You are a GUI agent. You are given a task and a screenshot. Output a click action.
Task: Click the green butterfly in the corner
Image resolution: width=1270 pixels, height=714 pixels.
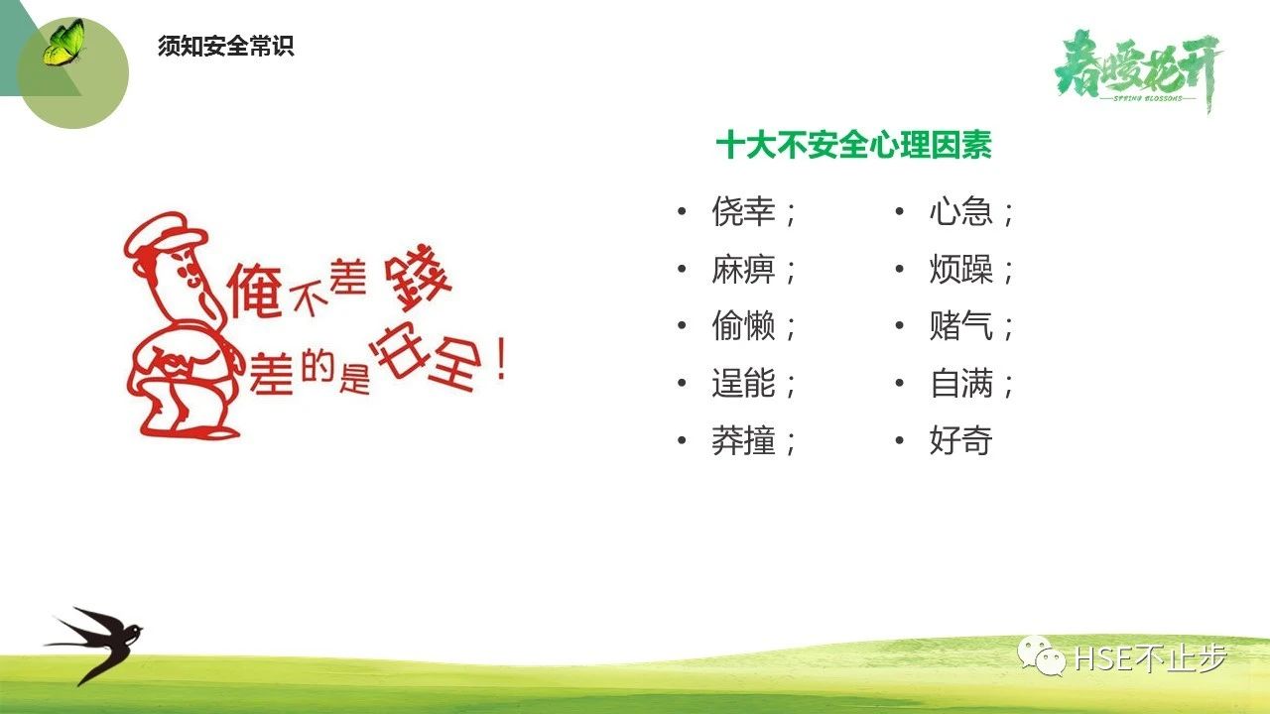tap(63, 43)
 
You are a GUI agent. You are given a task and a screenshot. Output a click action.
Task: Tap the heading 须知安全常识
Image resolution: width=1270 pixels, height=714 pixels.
tap(225, 46)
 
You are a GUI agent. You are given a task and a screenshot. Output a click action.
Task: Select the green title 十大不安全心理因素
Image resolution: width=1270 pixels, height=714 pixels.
tap(853, 145)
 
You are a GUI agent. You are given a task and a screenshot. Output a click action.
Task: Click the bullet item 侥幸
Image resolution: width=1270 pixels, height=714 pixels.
tap(743, 211)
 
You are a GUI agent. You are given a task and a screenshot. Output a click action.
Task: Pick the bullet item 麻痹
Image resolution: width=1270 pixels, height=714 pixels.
tap(743, 269)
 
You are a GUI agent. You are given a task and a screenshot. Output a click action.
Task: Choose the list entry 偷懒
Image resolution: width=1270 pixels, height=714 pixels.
tap(743, 326)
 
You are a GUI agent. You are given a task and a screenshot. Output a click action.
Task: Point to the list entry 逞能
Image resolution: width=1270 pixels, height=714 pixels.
tap(743, 383)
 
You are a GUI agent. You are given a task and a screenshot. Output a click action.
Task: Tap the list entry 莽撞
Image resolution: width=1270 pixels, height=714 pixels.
tap(743, 440)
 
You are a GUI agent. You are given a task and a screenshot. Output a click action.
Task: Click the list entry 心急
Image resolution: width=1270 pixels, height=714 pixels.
tap(961, 211)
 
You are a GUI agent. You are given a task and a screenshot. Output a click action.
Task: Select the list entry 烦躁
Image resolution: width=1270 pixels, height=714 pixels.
tap(961, 269)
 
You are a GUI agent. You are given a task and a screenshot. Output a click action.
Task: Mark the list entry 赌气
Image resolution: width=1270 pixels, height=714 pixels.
tap(961, 326)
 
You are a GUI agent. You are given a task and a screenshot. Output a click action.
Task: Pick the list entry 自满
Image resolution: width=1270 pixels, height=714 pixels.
tap(961, 383)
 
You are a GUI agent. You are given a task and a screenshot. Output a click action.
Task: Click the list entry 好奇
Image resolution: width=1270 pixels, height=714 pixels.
tap(961, 440)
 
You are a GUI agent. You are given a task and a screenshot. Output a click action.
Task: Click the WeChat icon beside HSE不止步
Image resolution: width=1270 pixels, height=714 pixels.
tap(1042, 655)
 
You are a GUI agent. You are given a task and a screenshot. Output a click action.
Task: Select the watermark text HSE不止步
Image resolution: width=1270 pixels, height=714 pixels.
tap(1150, 657)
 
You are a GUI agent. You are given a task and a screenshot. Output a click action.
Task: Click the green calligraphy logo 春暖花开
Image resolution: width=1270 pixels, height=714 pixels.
tap(1137, 70)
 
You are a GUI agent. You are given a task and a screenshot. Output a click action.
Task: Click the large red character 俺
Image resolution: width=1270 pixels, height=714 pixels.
tap(255, 292)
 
